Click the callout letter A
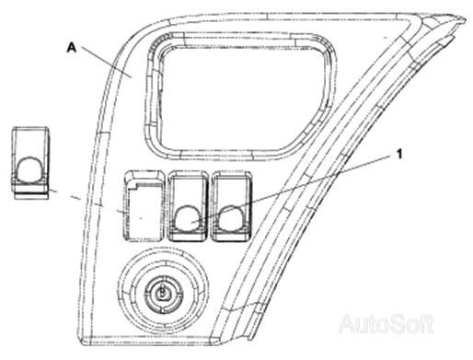[x=71, y=48]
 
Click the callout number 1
[x=399, y=155]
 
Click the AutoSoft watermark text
[x=386, y=323]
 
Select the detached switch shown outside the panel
[x=30, y=163]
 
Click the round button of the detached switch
[x=30, y=168]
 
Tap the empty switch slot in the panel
[x=144, y=206]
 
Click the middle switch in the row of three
[x=188, y=206]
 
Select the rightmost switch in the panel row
[x=232, y=206]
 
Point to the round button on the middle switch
[x=188, y=219]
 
